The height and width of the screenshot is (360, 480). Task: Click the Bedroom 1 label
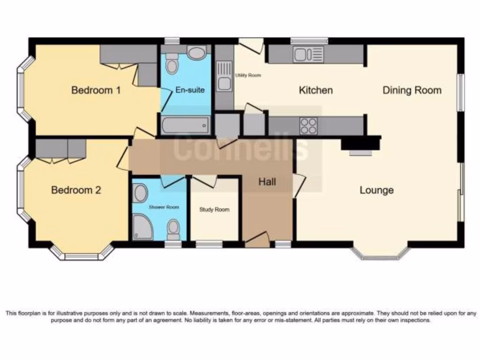pyautogui.click(x=96, y=90)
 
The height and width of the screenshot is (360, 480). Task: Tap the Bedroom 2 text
pyautogui.click(x=76, y=190)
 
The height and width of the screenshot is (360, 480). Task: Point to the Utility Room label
pyautogui.click(x=248, y=75)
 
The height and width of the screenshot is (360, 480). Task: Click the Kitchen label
pyautogui.click(x=315, y=90)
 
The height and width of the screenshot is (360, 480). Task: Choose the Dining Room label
pyautogui.click(x=412, y=90)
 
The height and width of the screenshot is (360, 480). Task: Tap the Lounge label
pyautogui.click(x=376, y=190)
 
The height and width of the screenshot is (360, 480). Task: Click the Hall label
pyautogui.click(x=267, y=182)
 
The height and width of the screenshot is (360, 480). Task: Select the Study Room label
pyautogui.click(x=214, y=210)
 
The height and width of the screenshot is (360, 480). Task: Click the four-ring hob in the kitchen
pyautogui.click(x=308, y=125)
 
